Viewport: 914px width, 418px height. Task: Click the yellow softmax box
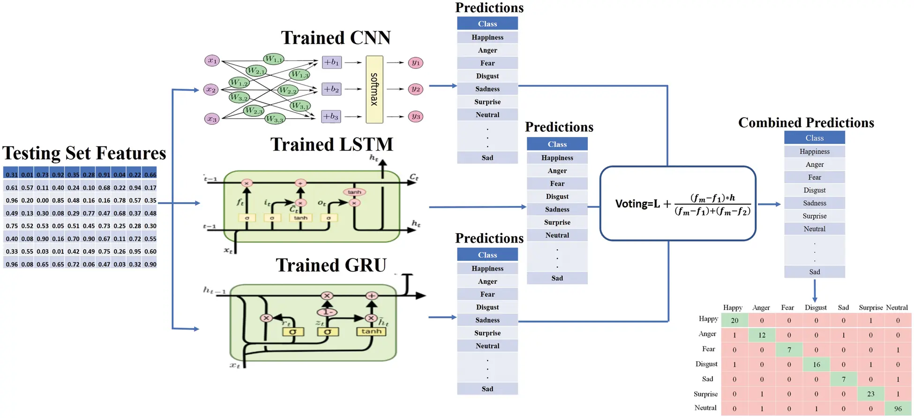point(374,89)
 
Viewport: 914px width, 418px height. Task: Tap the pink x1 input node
point(212,61)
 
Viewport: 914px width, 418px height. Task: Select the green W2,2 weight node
point(287,90)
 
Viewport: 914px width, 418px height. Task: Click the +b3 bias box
point(331,116)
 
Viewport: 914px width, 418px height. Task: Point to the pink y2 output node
point(415,89)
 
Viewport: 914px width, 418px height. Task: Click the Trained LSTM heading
point(331,144)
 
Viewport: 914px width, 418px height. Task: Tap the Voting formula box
point(677,204)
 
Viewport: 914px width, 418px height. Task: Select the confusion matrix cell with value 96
point(897,408)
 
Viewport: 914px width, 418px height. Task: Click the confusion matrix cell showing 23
point(870,394)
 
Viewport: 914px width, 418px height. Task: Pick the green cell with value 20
point(734,320)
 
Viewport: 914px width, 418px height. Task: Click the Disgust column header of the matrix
point(815,307)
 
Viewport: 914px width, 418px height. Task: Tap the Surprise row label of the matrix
point(705,394)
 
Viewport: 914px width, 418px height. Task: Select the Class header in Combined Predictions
point(814,138)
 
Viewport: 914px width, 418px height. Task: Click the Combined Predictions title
point(806,123)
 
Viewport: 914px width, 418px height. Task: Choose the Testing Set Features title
point(84,153)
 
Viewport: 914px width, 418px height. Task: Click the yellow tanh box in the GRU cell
point(371,331)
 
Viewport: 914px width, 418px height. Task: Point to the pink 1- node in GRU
point(327,312)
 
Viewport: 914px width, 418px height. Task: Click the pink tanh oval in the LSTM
point(354,192)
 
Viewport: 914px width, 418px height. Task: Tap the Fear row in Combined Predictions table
point(814,177)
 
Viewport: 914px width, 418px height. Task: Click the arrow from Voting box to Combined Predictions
point(769,204)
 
